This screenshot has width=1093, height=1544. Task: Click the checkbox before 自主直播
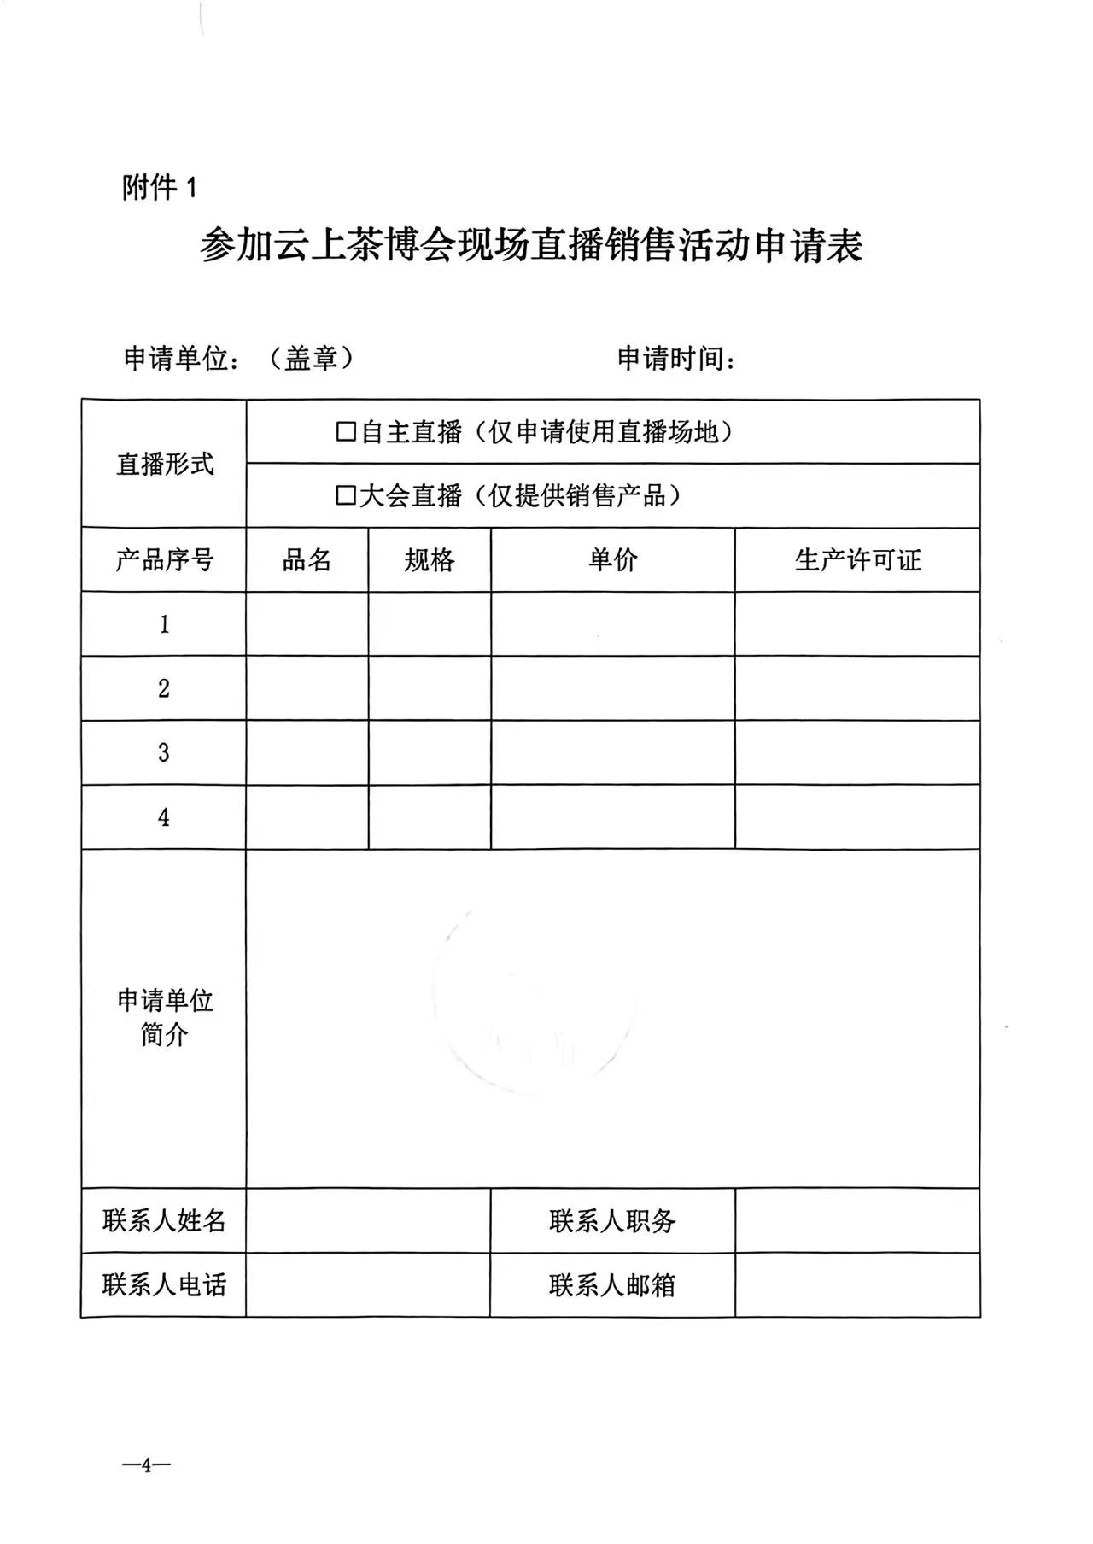(x=345, y=432)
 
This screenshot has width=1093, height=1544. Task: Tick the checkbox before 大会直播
(x=345, y=495)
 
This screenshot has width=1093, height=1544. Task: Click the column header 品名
(x=307, y=560)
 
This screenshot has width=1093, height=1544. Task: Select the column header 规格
(x=430, y=560)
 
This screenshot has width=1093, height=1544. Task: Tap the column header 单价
(x=612, y=560)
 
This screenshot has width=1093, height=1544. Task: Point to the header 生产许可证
(x=857, y=560)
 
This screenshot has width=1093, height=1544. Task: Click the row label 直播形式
(x=164, y=464)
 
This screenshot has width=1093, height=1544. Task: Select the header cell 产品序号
(x=164, y=560)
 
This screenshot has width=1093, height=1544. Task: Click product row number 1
(x=164, y=624)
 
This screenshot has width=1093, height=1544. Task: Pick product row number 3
(x=164, y=752)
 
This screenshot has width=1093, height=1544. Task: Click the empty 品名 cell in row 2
(x=307, y=688)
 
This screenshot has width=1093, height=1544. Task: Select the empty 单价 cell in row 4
(x=612, y=817)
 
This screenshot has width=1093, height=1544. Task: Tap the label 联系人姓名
(x=164, y=1220)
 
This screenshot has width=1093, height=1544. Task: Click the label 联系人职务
(x=612, y=1220)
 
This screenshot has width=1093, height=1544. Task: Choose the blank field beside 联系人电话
(x=368, y=1284)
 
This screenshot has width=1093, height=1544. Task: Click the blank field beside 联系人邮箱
(x=857, y=1284)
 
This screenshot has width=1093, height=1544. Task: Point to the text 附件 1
(x=160, y=187)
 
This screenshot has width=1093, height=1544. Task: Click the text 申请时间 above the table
(x=675, y=359)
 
